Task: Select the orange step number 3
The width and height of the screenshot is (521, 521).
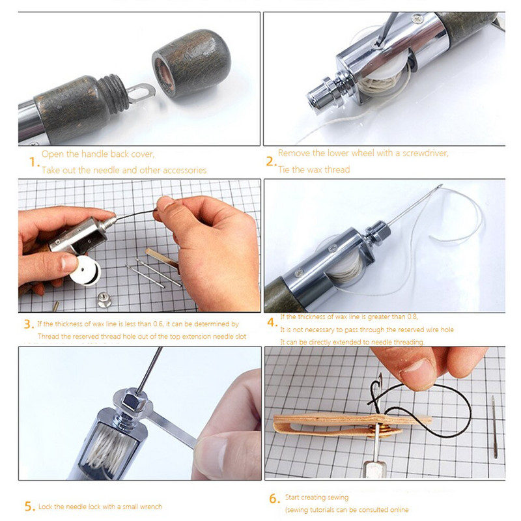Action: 28,324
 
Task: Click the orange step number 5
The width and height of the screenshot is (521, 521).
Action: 29,506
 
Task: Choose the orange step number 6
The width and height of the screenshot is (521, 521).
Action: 274,499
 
